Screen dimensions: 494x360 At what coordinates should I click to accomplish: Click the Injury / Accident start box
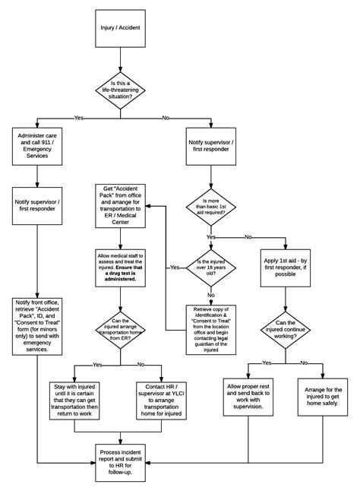120,29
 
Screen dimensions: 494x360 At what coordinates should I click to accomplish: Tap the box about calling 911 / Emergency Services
37,144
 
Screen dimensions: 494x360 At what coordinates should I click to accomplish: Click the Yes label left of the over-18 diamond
175,268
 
